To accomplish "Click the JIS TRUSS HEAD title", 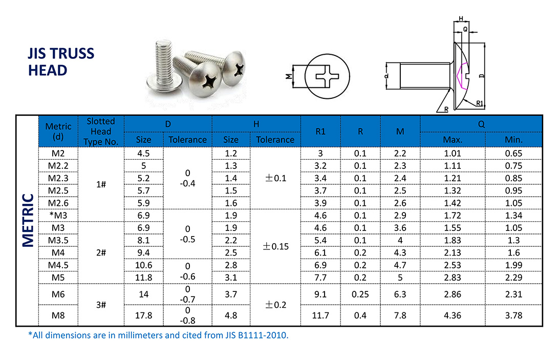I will tap(61, 61).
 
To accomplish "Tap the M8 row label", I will tap(58, 315).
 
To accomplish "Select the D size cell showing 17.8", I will tap(144, 315).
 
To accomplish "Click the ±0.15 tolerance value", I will tap(275, 246).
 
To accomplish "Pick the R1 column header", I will tap(320, 132).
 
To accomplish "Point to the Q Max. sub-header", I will tap(453, 140).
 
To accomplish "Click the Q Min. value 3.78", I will tap(513, 315).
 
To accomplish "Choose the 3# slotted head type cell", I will tap(101, 305).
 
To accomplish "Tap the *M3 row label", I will tap(58, 215).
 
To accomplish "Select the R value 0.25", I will tap(360, 294).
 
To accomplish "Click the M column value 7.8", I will tap(400, 315).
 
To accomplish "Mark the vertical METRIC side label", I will tap(28, 220).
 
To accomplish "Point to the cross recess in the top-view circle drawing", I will tap(328, 78).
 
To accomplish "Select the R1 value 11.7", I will tap(320, 315).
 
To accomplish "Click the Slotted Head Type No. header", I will tap(101, 132).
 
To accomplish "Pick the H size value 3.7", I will tap(231, 294).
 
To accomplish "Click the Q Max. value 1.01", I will tap(453, 153).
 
